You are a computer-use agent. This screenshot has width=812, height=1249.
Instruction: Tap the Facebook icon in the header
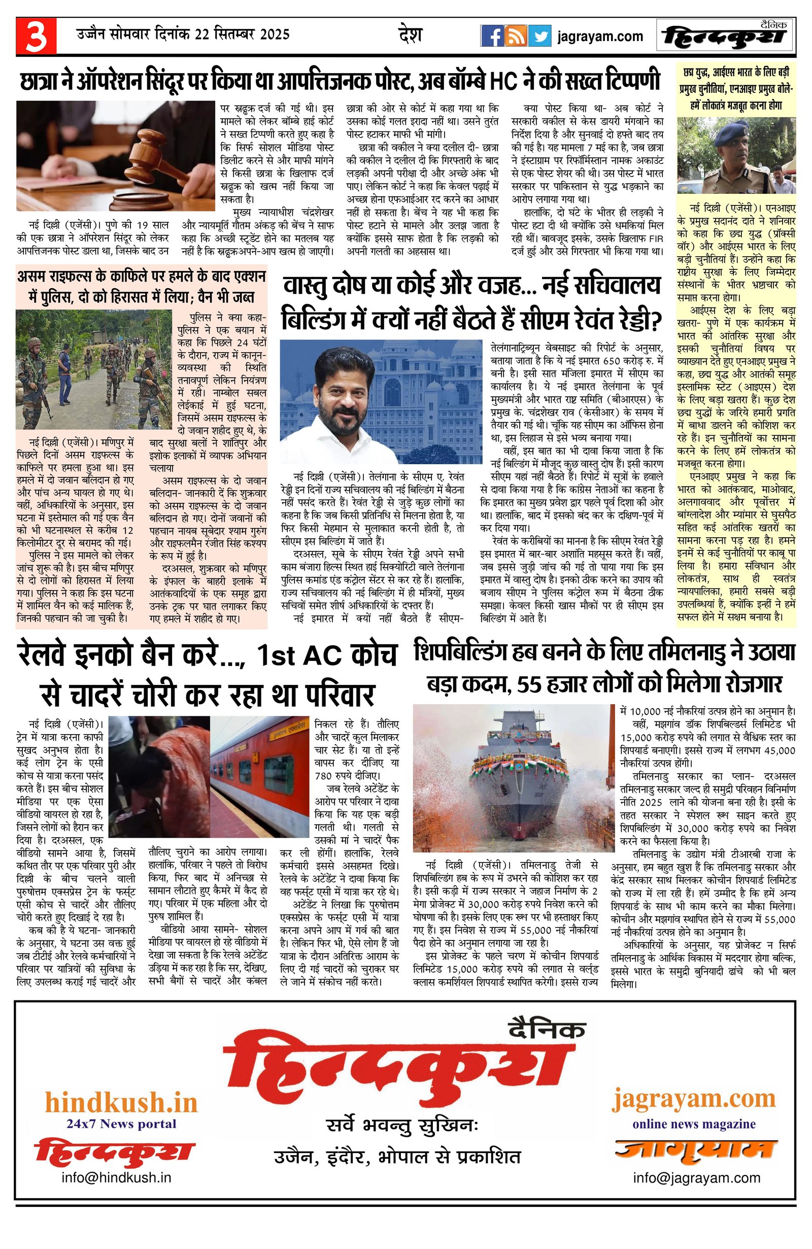click(492, 36)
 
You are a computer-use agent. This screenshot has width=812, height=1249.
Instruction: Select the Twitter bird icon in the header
click(539, 36)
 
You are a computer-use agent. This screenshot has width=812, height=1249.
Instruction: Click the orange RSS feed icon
click(516, 36)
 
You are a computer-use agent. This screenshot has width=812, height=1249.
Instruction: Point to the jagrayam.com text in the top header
click(600, 36)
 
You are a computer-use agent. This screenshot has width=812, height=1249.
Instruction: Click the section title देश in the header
click(410, 35)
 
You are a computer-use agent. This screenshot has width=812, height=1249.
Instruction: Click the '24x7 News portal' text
click(121, 1124)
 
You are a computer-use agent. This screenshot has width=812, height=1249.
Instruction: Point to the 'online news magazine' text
click(694, 1124)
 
